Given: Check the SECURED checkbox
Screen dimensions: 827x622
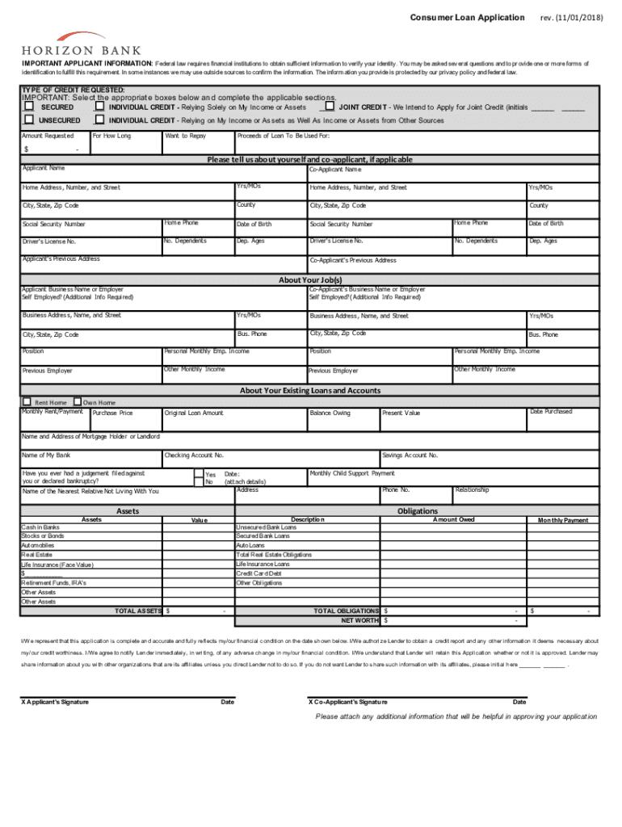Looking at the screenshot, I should coord(29,106).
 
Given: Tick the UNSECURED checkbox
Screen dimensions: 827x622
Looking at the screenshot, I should coord(29,120).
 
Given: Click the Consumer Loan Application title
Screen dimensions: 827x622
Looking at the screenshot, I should coord(467,17).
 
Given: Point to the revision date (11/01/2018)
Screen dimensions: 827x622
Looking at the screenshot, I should coord(572,17).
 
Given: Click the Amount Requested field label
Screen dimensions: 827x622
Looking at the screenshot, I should coord(48,136).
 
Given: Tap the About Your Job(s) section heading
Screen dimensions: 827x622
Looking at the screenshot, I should coord(310,280).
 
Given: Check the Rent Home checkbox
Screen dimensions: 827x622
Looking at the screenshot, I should coord(27,401).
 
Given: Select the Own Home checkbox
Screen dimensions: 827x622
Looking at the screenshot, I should coord(77,401).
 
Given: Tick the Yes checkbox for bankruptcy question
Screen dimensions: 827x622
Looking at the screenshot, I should coord(199,473).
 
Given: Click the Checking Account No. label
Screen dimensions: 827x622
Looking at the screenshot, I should coord(194,455).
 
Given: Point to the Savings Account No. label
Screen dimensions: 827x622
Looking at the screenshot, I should coord(410,455).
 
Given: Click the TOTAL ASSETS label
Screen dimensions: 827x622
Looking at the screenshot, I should coord(138,611).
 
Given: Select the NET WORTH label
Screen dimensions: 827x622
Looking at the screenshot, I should coord(359,620).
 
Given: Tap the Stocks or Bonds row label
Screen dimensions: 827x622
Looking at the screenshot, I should coord(43,535).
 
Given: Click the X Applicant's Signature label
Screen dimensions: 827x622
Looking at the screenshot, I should coord(55,701).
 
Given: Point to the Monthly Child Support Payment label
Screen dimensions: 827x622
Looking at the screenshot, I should coord(352,473).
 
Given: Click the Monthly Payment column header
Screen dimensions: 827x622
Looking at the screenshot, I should coord(563,520).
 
